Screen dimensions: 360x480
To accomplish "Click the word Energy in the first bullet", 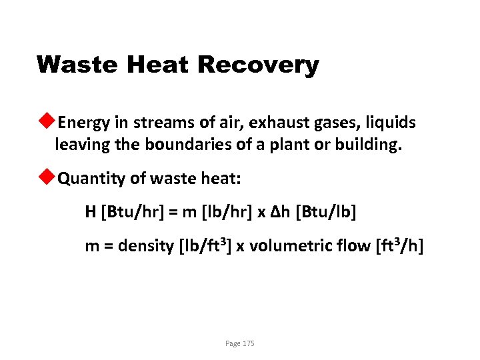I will [80, 123].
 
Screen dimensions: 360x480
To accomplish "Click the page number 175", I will [248, 343].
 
